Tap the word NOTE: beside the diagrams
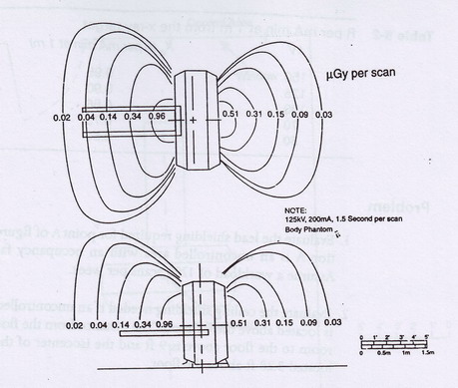click(x=292, y=210)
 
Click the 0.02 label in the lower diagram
click(x=73, y=325)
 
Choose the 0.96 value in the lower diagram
click(x=165, y=325)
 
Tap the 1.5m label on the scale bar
click(x=431, y=353)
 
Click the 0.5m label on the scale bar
click(x=384, y=353)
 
